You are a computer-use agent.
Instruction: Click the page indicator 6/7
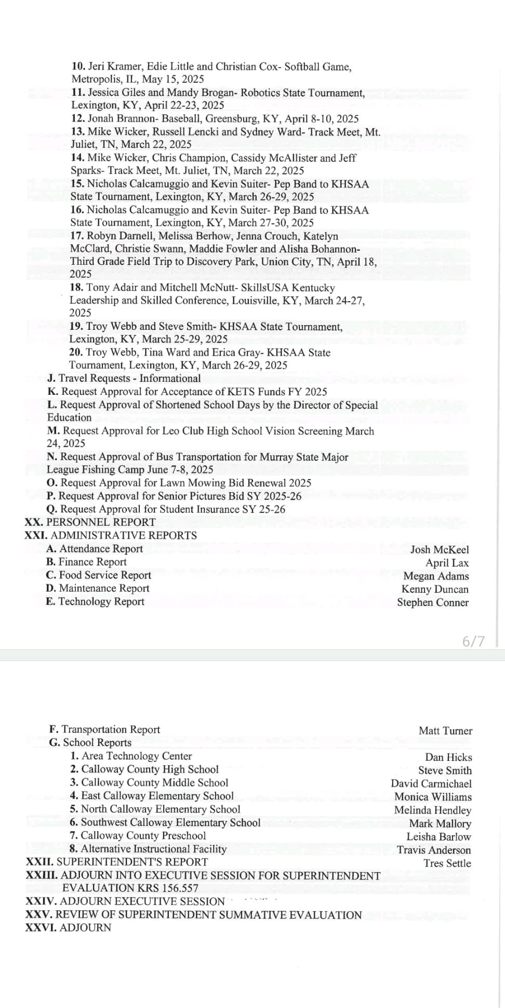coord(473,641)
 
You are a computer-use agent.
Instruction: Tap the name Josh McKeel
coord(439,550)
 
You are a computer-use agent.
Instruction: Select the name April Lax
coord(447,563)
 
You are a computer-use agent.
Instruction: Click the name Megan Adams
coord(436,576)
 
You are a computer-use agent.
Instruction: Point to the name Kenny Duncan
coord(435,589)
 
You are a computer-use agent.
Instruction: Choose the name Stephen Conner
coord(433,602)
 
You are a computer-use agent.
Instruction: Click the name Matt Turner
coord(445,731)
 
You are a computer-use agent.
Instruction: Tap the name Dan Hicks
coord(448,757)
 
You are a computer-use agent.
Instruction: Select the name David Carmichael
coord(431,784)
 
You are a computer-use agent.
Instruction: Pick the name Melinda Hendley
coord(432,810)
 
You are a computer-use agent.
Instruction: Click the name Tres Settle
coord(447,863)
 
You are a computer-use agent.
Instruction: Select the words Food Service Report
coord(105,575)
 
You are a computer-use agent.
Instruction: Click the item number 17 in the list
coord(77,236)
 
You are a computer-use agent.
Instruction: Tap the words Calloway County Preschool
coord(143,836)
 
